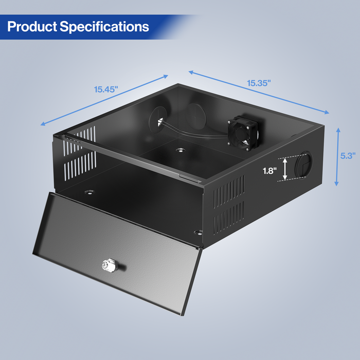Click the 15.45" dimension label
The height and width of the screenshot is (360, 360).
tap(106, 89)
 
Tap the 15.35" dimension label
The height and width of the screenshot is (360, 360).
tap(258, 83)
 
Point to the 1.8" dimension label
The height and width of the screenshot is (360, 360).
tap(268, 170)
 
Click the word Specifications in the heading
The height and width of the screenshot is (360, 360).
tap(105, 26)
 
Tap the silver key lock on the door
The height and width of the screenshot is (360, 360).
tap(107, 265)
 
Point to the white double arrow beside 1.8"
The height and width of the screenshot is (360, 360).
tap(285, 170)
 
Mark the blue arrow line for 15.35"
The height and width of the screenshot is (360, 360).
tap(258, 92)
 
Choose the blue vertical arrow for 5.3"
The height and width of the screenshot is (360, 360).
tap(337, 157)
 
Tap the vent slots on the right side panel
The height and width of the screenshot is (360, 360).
tap(229, 206)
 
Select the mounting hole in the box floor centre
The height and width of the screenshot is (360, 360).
tap(180, 151)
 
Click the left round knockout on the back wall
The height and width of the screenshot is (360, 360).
tap(157, 120)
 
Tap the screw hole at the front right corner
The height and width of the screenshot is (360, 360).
tap(197, 232)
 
